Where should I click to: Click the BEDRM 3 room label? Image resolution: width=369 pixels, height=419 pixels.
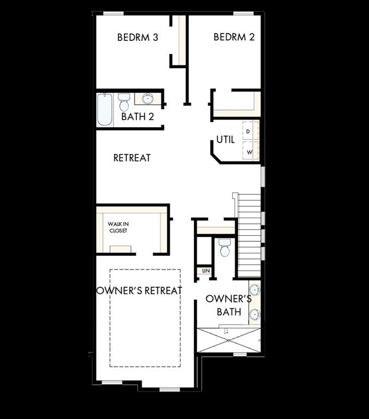[x=138, y=38]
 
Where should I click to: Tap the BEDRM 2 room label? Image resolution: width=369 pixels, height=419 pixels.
[x=234, y=37]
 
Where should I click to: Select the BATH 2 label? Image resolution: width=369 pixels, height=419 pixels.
[x=137, y=117]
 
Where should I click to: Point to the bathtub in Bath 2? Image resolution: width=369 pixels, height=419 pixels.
[x=105, y=109]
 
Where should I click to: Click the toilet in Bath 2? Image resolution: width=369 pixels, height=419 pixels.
[x=124, y=101]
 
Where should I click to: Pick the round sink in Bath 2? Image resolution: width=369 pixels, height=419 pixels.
[x=148, y=99]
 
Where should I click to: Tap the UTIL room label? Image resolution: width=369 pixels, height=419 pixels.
[x=225, y=140]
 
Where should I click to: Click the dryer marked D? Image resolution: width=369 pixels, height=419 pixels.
[x=249, y=131]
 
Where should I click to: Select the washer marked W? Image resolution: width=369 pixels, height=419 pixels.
[x=250, y=152]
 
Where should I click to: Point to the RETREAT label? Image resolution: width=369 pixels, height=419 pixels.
[x=132, y=158]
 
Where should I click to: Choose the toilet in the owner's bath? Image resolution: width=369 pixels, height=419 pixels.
[x=225, y=248]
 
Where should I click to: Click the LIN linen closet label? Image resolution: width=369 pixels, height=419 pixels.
[x=205, y=271]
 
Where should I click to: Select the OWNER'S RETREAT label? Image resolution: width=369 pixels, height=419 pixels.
[x=139, y=290]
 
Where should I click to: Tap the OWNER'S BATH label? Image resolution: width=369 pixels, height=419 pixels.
[x=228, y=306]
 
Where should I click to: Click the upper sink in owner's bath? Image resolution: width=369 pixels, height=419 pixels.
[x=254, y=290]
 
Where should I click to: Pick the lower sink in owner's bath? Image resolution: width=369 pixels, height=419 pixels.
[x=254, y=314]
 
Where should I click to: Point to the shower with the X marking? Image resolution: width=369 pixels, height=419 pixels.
[x=228, y=339]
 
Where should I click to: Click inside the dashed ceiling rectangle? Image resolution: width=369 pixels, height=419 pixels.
[x=145, y=327]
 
